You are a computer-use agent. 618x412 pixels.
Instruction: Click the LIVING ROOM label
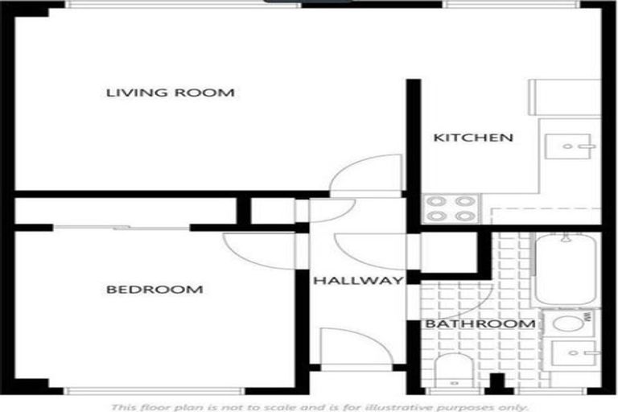(171, 93)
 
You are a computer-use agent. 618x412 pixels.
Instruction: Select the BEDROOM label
(154, 289)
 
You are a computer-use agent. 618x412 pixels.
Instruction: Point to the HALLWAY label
(357, 281)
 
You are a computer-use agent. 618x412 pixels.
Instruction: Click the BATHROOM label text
(480, 324)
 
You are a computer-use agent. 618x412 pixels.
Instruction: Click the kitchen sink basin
(570, 147)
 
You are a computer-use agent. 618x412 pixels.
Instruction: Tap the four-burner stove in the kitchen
(451, 208)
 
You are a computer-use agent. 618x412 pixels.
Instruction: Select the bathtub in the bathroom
(566, 269)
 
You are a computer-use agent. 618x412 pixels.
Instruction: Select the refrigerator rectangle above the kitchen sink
(565, 97)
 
